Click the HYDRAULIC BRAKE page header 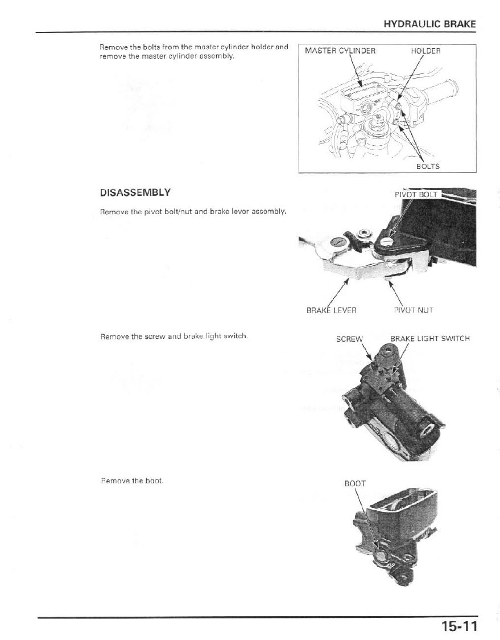429,24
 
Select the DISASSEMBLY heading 135,192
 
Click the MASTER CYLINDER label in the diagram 340,51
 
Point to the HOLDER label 425,51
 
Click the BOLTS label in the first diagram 428,166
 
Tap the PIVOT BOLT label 416,194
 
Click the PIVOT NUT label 414,310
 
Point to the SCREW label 349,339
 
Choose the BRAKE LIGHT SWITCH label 429,339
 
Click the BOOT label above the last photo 355,483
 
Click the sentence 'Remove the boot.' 132,481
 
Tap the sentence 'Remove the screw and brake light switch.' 173,336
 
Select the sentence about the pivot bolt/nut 193,212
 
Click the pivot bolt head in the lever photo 387,242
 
